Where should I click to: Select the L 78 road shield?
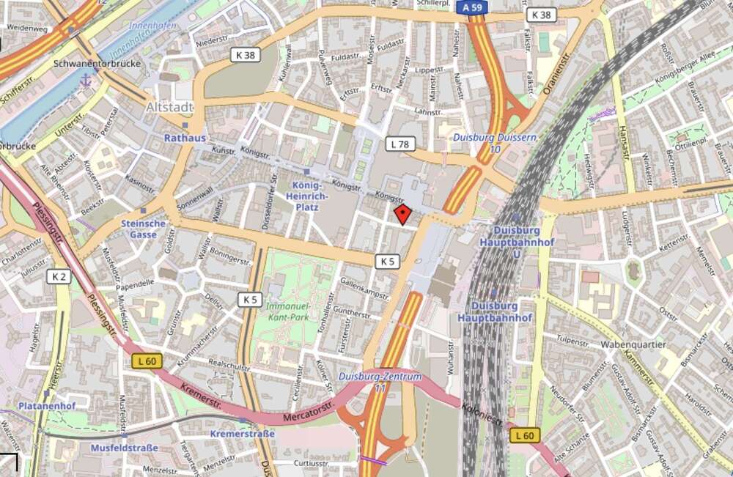tap(399, 144)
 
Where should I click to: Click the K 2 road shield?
tap(59, 276)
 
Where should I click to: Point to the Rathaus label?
tap(185, 137)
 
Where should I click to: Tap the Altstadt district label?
tap(170, 108)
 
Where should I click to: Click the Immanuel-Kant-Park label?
tap(289, 313)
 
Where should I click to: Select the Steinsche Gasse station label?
tap(144, 229)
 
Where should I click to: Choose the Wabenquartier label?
tap(633, 344)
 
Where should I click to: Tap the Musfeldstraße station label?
tap(123, 447)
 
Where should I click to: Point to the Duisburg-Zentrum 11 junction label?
tap(380, 382)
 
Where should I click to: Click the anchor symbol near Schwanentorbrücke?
tap(85, 80)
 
